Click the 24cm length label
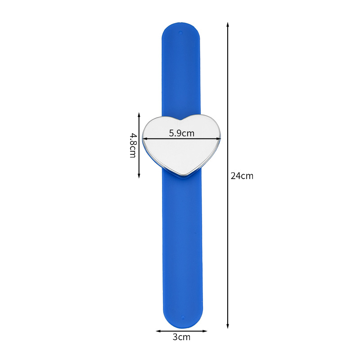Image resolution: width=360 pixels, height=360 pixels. [242, 176]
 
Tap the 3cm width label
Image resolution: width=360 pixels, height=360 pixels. [181, 337]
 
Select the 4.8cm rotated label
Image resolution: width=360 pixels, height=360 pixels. [133, 145]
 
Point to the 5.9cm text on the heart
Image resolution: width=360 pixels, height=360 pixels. [181, 133]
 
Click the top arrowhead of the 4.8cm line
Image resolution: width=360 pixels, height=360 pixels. [139, 114]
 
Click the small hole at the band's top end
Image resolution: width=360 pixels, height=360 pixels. [180, 32]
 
